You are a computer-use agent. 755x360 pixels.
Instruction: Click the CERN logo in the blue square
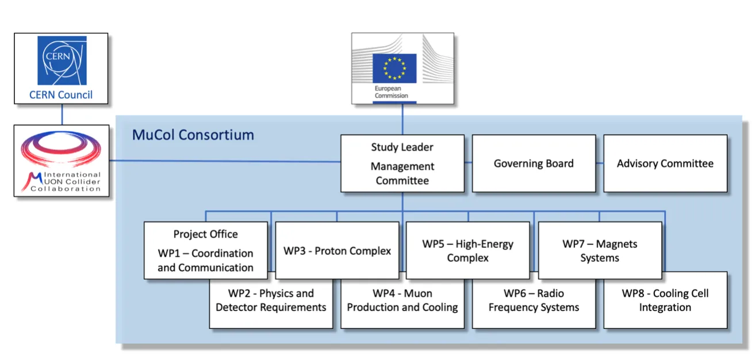(x=61, y=60)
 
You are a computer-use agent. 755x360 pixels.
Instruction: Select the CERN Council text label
(x=61, y=95)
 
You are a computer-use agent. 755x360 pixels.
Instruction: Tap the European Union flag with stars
(x=394, y=68)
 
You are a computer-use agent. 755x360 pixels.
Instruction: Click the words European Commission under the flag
(x=391, y=92)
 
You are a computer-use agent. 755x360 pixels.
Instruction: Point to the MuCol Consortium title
(x=193, y=136)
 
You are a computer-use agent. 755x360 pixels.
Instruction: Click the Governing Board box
(x=534, y=163)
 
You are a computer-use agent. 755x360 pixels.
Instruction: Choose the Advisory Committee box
(x=665, y=163)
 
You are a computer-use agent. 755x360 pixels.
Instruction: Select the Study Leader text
(x=402, y=147)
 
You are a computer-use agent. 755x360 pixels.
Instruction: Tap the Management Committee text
(x=402, y=173)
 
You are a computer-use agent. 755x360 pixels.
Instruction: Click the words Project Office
(x=205, y=234)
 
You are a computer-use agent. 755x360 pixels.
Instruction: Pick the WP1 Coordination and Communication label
(x=205, y=261)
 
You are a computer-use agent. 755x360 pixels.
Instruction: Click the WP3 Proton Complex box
(x=337, y=251)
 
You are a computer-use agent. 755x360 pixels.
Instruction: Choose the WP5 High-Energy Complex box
(x=468, y=251)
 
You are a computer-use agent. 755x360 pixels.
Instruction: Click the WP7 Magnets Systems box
(x=600, y=251)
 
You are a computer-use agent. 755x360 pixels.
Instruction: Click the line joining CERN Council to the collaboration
(x=61, y=114)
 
